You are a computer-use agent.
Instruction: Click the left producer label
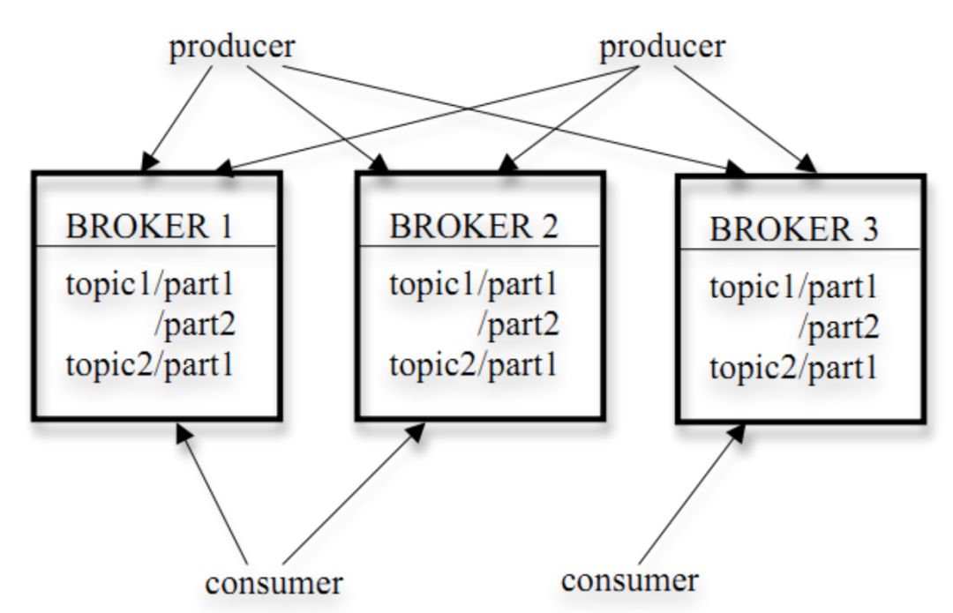click(x=232, y=48)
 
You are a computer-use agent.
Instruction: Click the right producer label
click(x=663, y=48)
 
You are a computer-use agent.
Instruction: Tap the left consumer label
click(x=274, y=583)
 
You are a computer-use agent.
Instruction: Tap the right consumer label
click(x=630, y=580)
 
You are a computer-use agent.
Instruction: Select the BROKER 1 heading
click(x=149, y=226)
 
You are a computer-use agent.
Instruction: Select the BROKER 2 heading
click(x=474, y=226)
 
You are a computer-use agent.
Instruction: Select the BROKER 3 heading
click(x=794, y=229)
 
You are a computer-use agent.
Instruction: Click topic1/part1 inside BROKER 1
click(x=149, y=284)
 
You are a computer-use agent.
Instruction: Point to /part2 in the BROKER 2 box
click(x=518, y=325)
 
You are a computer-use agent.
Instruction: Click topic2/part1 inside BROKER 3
click(x=793, y=368)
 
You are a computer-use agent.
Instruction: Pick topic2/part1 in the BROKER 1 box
click(x=149, y=365)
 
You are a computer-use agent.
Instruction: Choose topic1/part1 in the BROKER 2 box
click(x=474, y=284)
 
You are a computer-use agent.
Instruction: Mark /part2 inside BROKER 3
click(x=839, y=328)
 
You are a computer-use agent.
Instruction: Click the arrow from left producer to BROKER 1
click(x=177, y=118)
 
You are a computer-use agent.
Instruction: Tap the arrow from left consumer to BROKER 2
click(x=354, y=493)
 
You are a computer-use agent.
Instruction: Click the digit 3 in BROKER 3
click(x=870, y=229)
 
